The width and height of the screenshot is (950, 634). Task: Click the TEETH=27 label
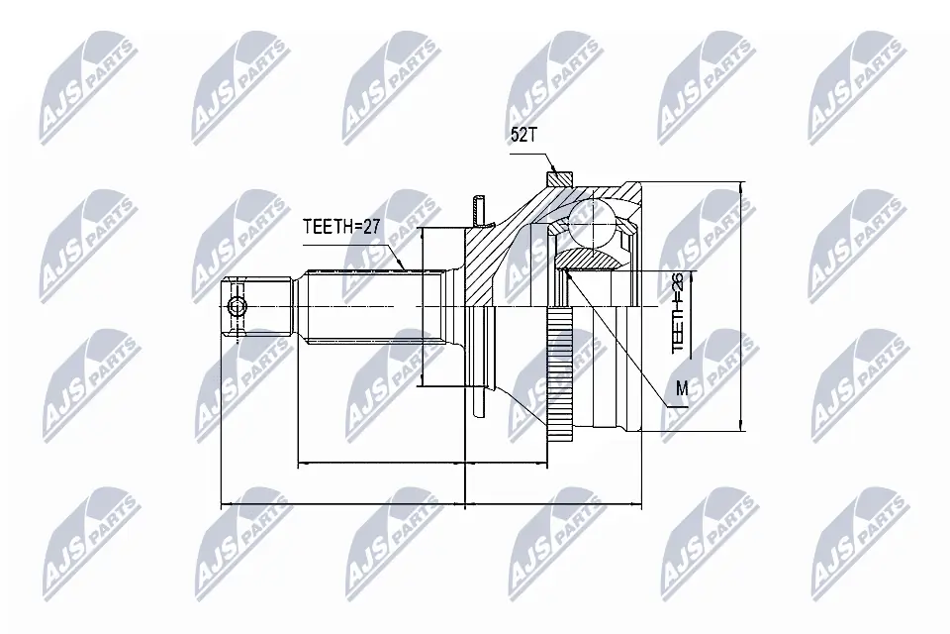click(341, 227)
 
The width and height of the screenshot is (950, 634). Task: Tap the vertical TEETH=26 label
click(677, 312)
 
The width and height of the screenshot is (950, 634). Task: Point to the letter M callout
click(682, 388)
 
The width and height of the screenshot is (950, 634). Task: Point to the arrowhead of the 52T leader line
click(554, 170)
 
